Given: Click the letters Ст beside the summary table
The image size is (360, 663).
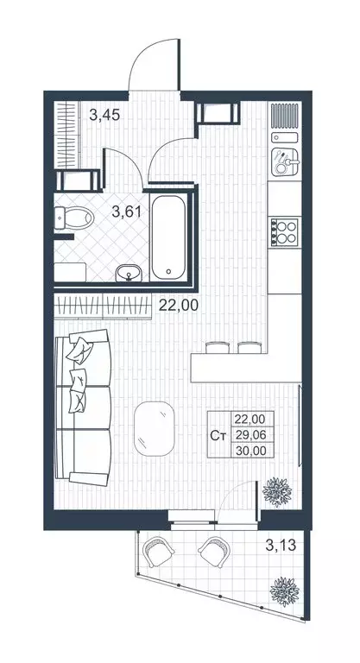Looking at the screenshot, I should tap(219, 434).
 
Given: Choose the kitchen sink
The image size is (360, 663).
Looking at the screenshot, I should tap(284, 159).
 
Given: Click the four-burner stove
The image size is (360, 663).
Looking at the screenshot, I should tap(284, 230).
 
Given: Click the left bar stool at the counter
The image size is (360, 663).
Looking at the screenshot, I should tap(218, 347).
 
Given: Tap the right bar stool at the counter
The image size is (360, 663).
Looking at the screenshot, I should tap(249, 347).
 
